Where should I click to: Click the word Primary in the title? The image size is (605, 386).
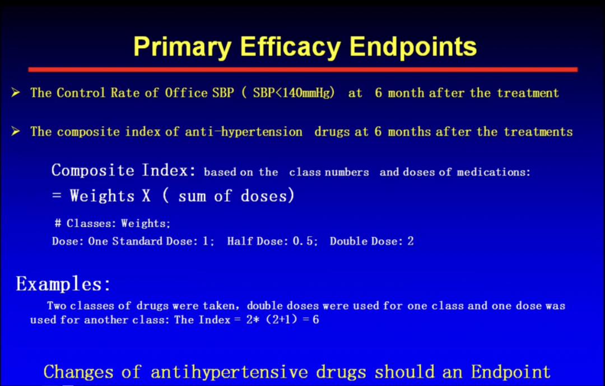pyautogui.click(x=182, y=47)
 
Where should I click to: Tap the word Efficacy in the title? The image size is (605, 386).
pyautogui.click(x=290, y=47)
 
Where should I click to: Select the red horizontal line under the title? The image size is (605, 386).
pyautogui.click(x=303, y=69)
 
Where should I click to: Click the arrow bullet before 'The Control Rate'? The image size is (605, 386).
pyautogui.click(x=16, y=92)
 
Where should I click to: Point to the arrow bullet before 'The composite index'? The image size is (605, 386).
pyautogui.click(x=16, y=132)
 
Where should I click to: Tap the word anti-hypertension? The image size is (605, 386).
pyautogui.click(x=244, y=132)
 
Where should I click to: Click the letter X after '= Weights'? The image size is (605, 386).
pyautogui.click(x=146, y=196)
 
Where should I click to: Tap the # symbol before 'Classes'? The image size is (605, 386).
pyautogui.click(x=58, y=223)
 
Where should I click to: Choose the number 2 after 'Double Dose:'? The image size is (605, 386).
pyautogui.click(x=411, y=241)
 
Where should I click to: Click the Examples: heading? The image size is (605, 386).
pyautogui.click(x=63, y=284)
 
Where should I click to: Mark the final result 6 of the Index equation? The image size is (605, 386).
pyautogui.click(x=315, y=319)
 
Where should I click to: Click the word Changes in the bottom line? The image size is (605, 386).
pyautogui.click(x=78, y=372)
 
